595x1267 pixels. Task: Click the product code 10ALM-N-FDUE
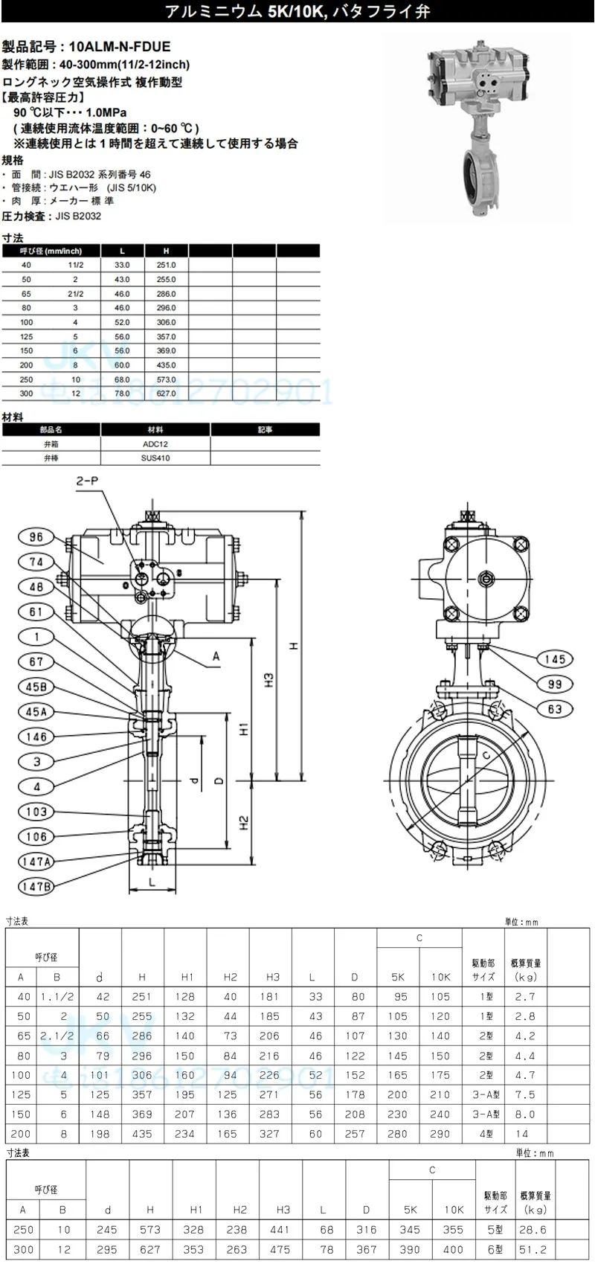click(x=119, y=46)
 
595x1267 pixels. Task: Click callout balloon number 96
click(x=36, y=537)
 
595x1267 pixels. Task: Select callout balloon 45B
click(x=36, y=687)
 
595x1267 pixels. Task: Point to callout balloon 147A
click(x=36, y=862)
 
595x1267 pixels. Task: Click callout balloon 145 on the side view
click(x=555, y=659)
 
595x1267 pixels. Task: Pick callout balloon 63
click(x=555, y=709)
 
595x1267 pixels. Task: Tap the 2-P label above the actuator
click(x=88, y=481)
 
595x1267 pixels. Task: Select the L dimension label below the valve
click(x=151, y=882)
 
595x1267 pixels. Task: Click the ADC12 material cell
click(x=155, y=443)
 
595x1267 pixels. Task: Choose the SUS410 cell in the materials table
click(x=155, y=458)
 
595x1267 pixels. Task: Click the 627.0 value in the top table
click(x=167, y=394)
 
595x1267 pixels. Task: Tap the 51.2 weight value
click(x=534, y=1249)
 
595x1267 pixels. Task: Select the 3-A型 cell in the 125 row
click(x=484, y=1094)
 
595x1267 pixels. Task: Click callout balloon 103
click(x=36, y=812)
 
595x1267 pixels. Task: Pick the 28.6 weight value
click(x=534, y=1230)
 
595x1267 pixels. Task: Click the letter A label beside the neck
click(x=216, y=656)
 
